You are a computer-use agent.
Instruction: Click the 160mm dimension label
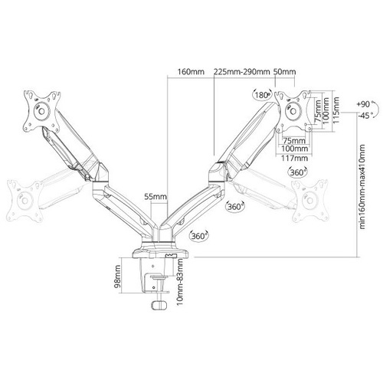pyautogui.click(x=191, y=72)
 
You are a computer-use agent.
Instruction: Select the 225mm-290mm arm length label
pyautogui.click(x=242, y=72)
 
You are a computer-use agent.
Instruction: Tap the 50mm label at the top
pyautogui.click(x=285, y=72)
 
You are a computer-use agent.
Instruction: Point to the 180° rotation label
pyautogui.click(x=262, y=95)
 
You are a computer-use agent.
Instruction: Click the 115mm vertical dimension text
pyautogui.click(x=336, y=110)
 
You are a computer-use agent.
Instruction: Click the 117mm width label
pyautogui.click(x=294, y=159)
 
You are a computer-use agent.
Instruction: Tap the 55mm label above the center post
pyautogui.click(x=155, y=197)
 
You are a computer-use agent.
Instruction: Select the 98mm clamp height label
pyautogui.click(x=117, y=277)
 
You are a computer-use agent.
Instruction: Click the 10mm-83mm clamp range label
pyautogui.click(x=180, y=283)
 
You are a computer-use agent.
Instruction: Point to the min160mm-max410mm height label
pyautogui.click(x=362, y=187)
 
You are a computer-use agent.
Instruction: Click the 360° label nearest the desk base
pyautogui.click(x=199, y=236)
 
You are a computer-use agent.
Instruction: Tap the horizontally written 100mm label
pyautogui.click(x=294, y=149)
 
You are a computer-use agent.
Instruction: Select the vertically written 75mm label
pyautogui.click(x=318, y=112)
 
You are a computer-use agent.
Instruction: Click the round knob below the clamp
pyautogui.click(x=159, y=305)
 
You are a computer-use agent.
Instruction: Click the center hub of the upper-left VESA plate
pyautogui.click(x=41, y=111)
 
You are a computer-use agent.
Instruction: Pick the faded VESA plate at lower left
pyautogui.click(x=25, y=201)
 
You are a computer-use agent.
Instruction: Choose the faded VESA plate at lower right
pyautogui.click(x=309, y=201)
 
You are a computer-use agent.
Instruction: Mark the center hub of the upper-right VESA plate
pyautogui.click(x=293, y=111)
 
